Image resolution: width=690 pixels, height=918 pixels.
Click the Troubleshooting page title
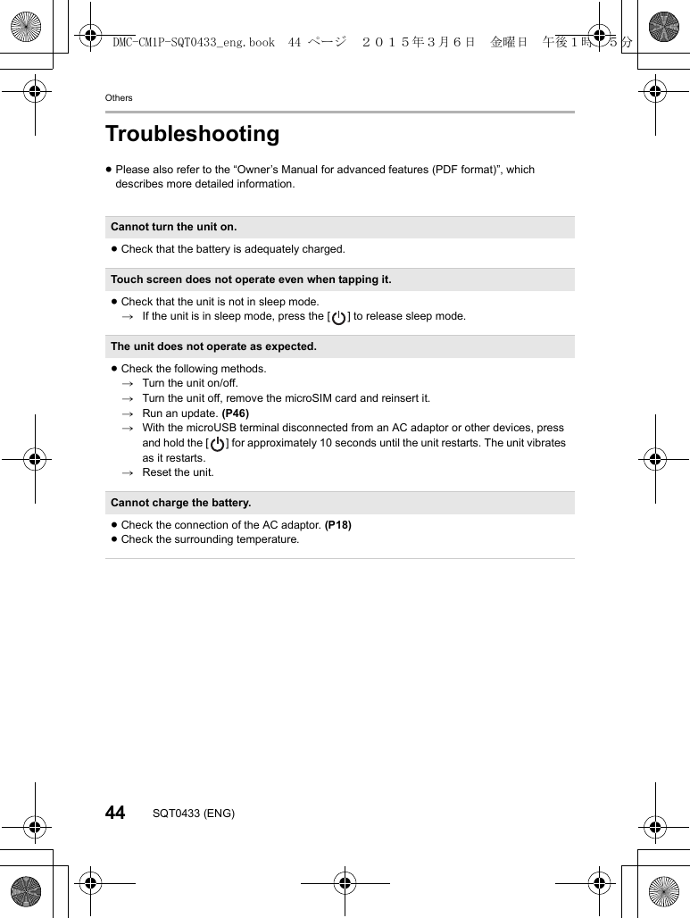pyautogui.click(x=192, y=134)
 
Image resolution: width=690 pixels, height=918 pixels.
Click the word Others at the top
pyautogui.click(x=119, y=97)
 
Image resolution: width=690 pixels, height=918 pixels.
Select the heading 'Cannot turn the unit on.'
pyautogui.click(x=173, y=227)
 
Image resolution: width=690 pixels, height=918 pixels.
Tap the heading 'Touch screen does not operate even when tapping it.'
pyautogui.click(x=251, y=280)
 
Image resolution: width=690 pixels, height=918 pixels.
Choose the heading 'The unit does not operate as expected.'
pyautogui.click(x=213, y=346)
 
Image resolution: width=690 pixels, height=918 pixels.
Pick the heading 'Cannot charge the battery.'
pyautogui.click(x=180, y=503)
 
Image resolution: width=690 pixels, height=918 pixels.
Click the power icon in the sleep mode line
pyautogui.click(x=338, y=317)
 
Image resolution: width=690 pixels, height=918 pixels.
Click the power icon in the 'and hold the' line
pyautogui.click(x=217, y=443)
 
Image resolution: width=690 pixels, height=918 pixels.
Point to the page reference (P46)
pyautogui.click(x=235, y=413)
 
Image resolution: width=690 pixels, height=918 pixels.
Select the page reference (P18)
pyautogui.click(x=337, y=525)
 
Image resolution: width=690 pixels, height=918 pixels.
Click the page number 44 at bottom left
pyautogui.click(x=115, y=813)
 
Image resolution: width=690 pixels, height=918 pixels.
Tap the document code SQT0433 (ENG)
pyautogui.click(x=194, y=814)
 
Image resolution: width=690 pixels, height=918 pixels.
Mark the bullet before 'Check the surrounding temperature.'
pyautogui.click(x=114, y=539)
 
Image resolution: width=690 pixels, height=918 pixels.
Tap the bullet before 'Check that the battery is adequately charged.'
pyautogui.click(x=114, y=249)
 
